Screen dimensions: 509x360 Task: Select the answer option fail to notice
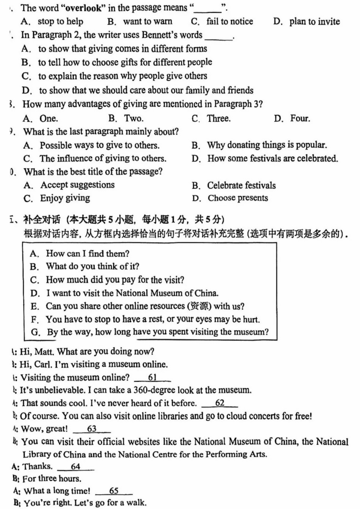230,21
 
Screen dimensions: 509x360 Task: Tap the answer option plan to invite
314,21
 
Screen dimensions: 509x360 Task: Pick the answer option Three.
219,118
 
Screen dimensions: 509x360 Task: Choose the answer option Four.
300,118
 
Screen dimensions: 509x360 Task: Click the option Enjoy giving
65,198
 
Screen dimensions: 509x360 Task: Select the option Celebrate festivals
241,185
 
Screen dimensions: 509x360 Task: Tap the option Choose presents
237,198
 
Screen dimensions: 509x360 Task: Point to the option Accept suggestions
77,185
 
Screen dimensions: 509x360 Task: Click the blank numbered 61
152,377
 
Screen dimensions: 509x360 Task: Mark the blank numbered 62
220,403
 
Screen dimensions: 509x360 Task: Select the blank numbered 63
92,429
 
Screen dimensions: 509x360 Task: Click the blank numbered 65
114,491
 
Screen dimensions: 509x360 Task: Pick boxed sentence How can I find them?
88,254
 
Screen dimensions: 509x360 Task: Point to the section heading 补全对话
42,219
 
